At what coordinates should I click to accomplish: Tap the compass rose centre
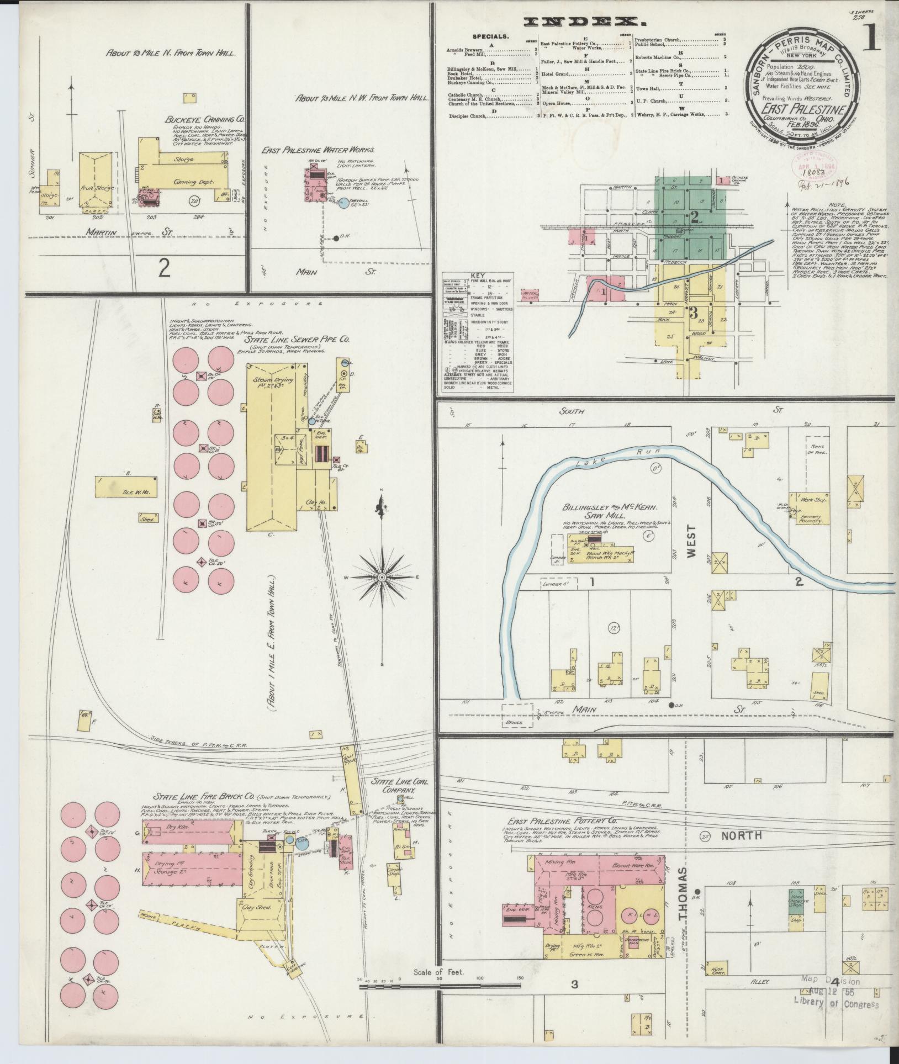coord(382,578)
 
